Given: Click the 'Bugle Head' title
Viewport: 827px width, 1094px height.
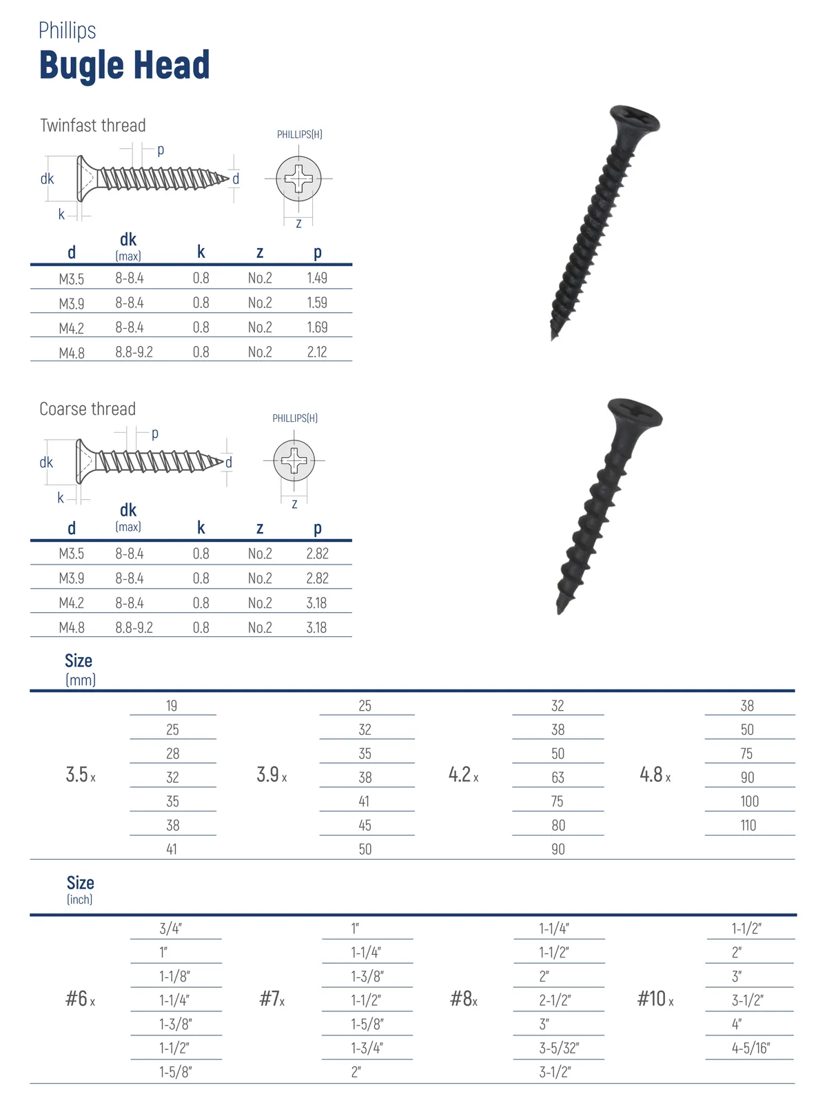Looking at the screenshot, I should point(124,65).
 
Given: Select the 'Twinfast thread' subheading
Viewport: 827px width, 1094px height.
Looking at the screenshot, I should point(93,125).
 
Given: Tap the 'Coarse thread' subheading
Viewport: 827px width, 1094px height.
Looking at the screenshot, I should point(88,409).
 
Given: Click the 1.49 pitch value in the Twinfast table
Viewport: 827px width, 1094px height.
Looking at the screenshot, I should point(317,278).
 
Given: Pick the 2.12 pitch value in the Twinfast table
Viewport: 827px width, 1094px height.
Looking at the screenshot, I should point(317,352).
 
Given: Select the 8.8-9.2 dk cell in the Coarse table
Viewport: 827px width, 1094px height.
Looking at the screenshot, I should point(134,627).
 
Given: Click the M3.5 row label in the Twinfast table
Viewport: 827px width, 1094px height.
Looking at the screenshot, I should point(72,278).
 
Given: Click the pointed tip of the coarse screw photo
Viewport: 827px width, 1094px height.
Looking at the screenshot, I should point(560,609).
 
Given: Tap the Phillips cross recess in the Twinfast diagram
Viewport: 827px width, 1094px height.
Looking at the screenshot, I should point(298,179).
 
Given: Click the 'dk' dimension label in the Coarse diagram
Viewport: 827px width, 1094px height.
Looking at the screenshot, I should point(46,463).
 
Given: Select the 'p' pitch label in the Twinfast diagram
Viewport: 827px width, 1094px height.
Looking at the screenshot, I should point(161,150).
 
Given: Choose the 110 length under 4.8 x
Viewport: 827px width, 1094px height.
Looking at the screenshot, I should point(748,825).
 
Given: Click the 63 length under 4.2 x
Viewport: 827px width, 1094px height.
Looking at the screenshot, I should point(558,778).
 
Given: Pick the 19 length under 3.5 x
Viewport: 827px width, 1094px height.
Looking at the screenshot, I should point(172,705).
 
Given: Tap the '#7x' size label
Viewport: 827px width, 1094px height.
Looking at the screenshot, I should point(272,999).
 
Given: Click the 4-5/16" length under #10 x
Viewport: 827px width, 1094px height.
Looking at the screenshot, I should point(751,1048).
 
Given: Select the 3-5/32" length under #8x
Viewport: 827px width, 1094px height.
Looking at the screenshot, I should point(559,1048).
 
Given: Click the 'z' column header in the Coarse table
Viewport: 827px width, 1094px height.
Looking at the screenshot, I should point(260,528).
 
